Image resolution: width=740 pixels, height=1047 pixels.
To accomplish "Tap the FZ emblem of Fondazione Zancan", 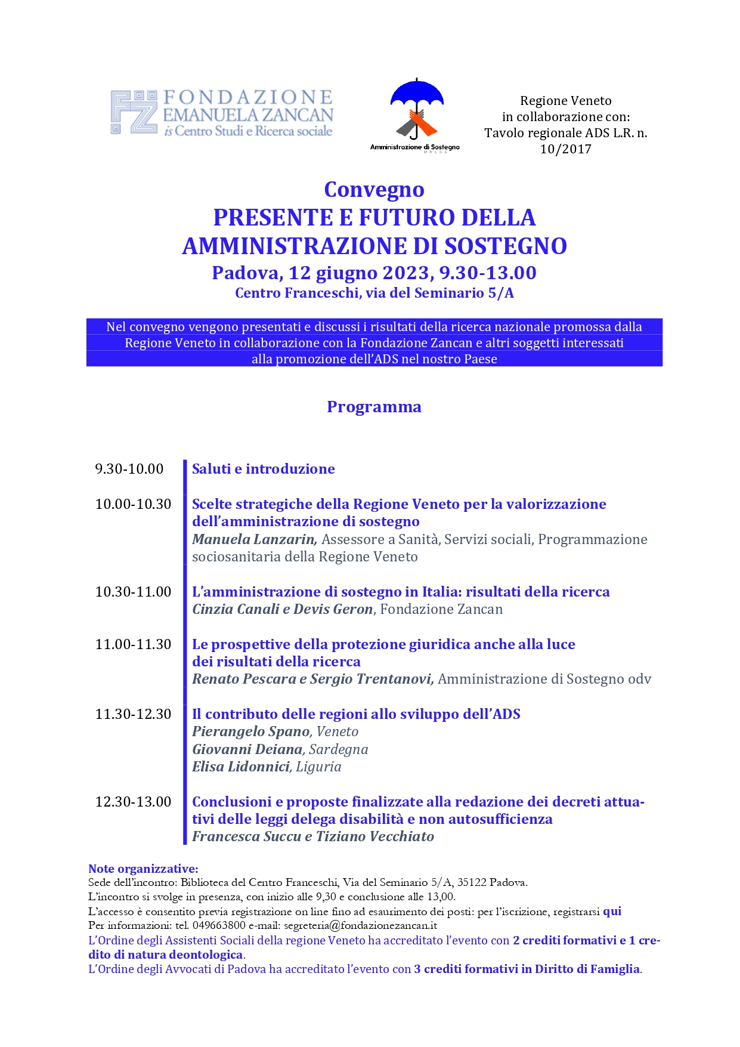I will click(134, 112).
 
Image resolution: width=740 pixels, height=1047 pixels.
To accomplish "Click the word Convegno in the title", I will click(374, 190).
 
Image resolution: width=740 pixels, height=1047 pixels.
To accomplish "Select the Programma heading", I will click(374, 407).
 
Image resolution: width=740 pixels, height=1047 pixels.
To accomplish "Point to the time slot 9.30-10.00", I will click(129, 469).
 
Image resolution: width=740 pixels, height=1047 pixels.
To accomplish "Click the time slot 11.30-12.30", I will click(133, 714).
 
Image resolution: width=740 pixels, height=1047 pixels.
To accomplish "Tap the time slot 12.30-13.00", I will click(133, 802).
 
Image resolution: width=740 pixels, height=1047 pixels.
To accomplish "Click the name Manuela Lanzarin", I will click(254, 539).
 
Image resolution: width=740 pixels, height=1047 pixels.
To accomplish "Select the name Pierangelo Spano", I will click(250, 731).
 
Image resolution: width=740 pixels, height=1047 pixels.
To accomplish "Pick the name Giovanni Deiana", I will click(247, 749).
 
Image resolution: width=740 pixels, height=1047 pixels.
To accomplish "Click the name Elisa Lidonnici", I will click(241, 767).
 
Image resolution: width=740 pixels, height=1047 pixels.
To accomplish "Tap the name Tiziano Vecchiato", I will click(375, 836).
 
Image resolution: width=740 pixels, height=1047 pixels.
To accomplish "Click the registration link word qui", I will click(612, 911).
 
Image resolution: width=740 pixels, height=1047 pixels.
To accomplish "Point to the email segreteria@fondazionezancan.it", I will click(360, 926).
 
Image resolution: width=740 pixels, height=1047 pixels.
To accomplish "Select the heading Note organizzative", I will click(143, 869).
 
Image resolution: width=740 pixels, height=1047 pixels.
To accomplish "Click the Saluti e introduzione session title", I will click(263, 469).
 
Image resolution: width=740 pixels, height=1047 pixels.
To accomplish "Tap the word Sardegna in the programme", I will click(338, 749).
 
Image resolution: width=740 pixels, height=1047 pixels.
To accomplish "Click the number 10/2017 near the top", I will click(565, 149).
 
